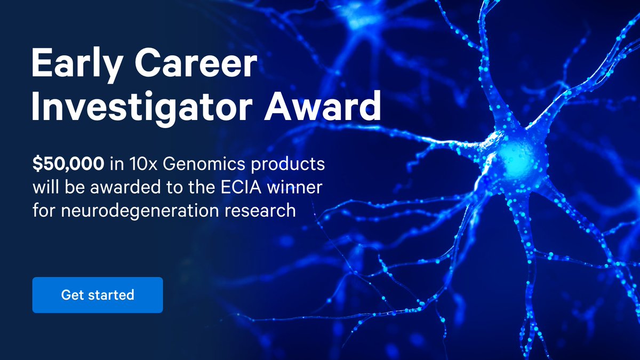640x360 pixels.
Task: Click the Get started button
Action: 98,294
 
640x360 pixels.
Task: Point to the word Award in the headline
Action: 331,107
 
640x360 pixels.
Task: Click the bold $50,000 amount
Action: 68,165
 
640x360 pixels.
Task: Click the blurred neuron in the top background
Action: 363,21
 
